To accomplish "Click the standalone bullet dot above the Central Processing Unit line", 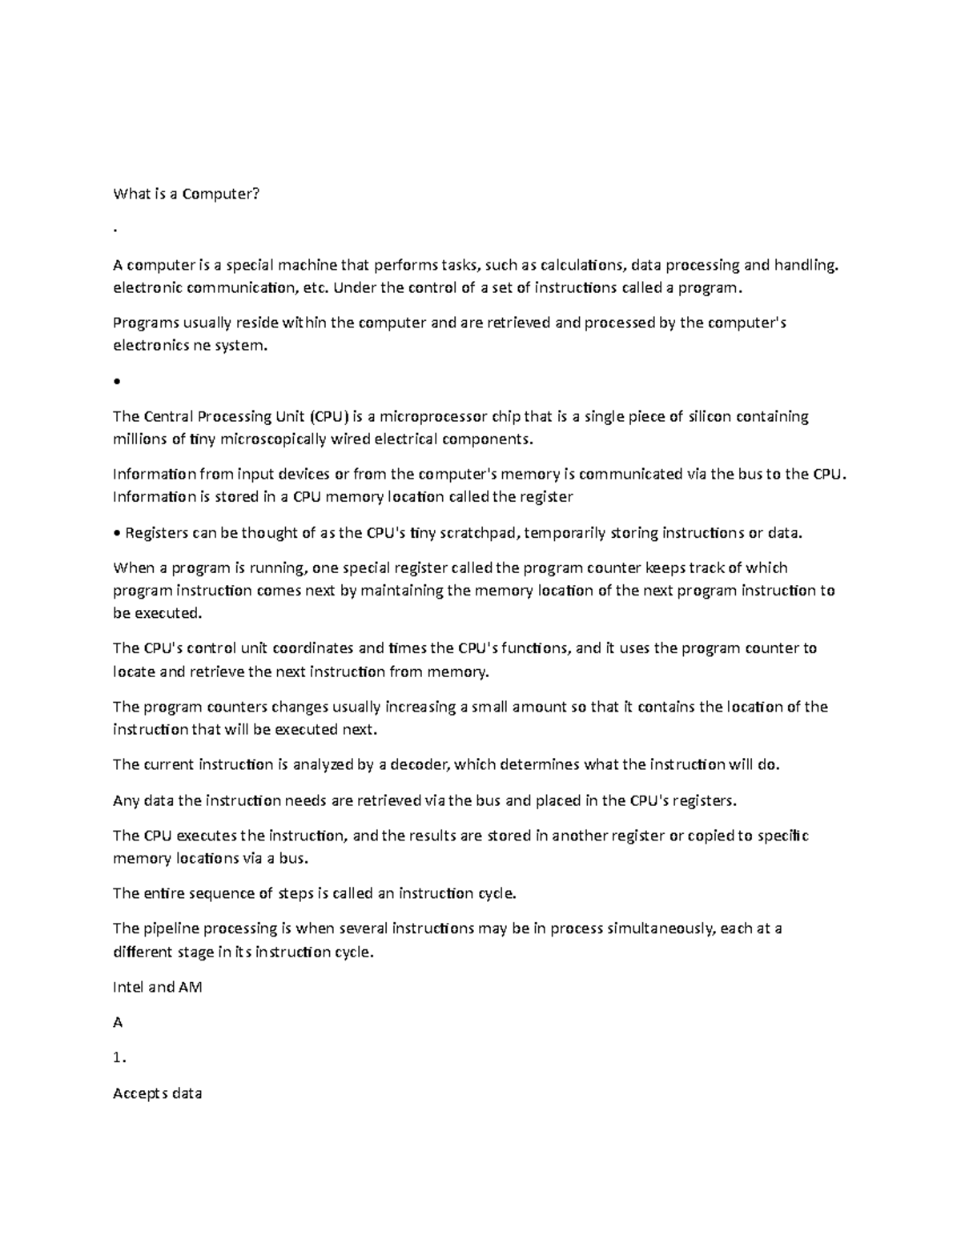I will pyautogui.click(x=117, y=382).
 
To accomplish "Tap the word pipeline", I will pyautogui.click(x=171, y=928).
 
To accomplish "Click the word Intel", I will pyautogui.click(x=129, y=987).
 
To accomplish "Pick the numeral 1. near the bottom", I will pyautogui.click(x=120, y=1058).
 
